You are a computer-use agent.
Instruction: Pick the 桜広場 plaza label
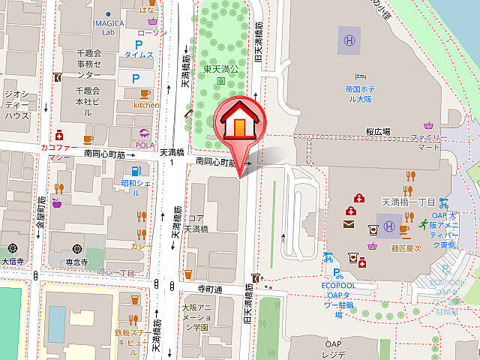(378, 130)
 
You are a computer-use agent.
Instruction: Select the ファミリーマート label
(428, 142)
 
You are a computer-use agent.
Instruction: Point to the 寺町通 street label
(211, 289)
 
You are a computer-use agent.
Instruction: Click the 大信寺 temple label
(13, 261)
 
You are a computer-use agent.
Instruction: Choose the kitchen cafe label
(146, 105)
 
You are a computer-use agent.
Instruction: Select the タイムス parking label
(139, 55)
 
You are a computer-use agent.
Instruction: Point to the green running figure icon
(424, 223)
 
